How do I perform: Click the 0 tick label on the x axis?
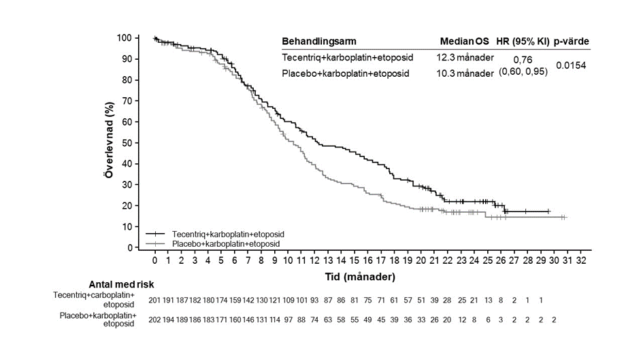pos(155,260)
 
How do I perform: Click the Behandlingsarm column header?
pos(319,41)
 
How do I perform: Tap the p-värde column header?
pos(572,41)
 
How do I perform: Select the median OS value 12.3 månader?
pos(465,57)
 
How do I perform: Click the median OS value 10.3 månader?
pos(465,73)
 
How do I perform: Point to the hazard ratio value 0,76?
pos(523,60)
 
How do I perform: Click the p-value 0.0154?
pos(572,65)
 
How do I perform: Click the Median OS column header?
pos(463,41)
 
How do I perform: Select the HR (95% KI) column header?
pos(523,41)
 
